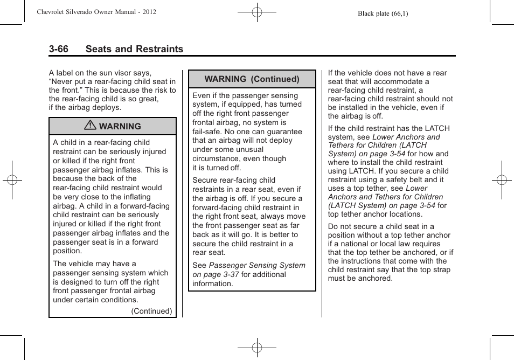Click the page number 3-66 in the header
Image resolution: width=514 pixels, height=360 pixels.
pyautogui.click(x=59, y=49)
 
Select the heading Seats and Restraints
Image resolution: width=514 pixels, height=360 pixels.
pyautogui.click(x=134, y=49)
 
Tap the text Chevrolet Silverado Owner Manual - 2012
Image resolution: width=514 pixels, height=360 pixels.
pyautogui.click(x=96, y=11)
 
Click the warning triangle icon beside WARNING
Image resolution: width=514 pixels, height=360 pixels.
pyautogui.click(x=91, y=126)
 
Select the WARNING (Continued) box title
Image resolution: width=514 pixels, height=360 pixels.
pyautogui.click(x=252, y=79)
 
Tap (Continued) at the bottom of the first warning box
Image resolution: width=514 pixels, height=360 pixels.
pyautogui.click(x=152, y=311)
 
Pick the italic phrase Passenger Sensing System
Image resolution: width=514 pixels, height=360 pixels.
pyautogui.click(x=257, y=265)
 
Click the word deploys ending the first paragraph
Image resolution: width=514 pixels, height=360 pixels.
pyautogui.click(x=108, y=107)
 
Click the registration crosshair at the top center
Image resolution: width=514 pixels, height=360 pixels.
pyautogui.click(x=257, y=11)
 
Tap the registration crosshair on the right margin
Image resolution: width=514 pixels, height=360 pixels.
pyautogui.click(x=502, y=180)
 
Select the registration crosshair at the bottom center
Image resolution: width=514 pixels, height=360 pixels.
pyautogui.click(x=257, y=348)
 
